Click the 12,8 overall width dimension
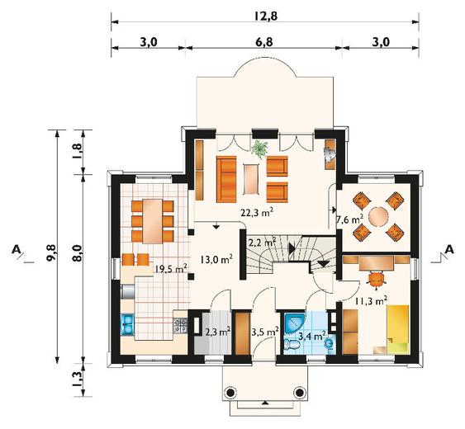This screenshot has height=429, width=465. [x=265, y=16]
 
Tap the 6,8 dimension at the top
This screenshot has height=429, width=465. [x=264, y=42]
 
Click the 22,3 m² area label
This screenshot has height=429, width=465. [x=257, y=212]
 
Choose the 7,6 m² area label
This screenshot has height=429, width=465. [x=350, y=219]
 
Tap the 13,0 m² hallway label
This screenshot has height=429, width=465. [x=216, y=260]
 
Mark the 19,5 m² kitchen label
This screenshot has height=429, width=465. [x=170, y=268]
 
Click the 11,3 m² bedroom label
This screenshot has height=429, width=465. [x=371, y=301]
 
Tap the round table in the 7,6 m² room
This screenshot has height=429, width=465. [x=379, y=217]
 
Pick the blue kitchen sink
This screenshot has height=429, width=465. [x=128, y=324]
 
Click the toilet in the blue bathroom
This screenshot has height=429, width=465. [x=292, y=344]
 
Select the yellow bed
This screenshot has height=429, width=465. [x=398, y=329]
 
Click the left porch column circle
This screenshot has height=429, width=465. [x=230, y=393]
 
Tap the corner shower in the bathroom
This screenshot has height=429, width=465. [x=293, y=324]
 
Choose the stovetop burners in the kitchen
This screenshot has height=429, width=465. [x=181, y=325]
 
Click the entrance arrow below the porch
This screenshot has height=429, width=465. [x=265, y=403]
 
